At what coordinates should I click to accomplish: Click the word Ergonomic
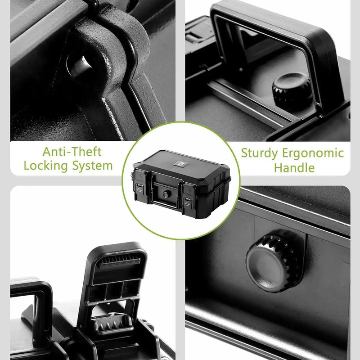point(313,153)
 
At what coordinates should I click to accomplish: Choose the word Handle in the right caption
point(294,168)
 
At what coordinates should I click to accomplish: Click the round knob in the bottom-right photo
point(274,261)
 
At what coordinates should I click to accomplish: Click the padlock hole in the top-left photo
point(77,66)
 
